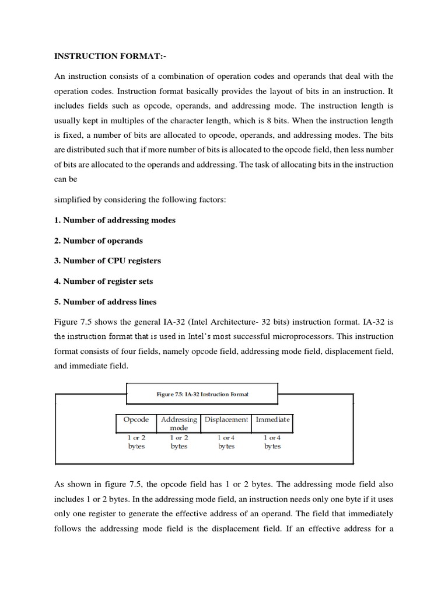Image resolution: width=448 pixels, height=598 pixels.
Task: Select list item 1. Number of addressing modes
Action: [115, 220]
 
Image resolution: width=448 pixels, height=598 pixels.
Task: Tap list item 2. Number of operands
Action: [99, 241]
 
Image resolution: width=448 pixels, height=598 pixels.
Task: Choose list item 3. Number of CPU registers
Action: [107, 260]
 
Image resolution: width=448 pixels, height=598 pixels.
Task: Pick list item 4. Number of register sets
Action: [104, 281]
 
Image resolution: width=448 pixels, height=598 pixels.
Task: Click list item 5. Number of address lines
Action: [106, 301]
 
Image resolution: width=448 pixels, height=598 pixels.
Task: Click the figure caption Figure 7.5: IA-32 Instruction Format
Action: [202, 394]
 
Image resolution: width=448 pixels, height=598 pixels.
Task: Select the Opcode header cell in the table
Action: [136, 419]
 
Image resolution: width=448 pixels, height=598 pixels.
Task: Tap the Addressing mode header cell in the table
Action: [178, 423]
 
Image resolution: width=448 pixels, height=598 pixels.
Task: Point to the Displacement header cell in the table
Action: [226, 419]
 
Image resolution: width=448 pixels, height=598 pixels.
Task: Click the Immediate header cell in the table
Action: [272, 419]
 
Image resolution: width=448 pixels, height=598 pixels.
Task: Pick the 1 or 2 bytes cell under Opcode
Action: [136, 441]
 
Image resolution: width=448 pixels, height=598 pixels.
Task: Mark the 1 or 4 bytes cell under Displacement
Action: [226, 441]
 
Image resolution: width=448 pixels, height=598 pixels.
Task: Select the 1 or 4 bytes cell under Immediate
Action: [272, 441]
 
